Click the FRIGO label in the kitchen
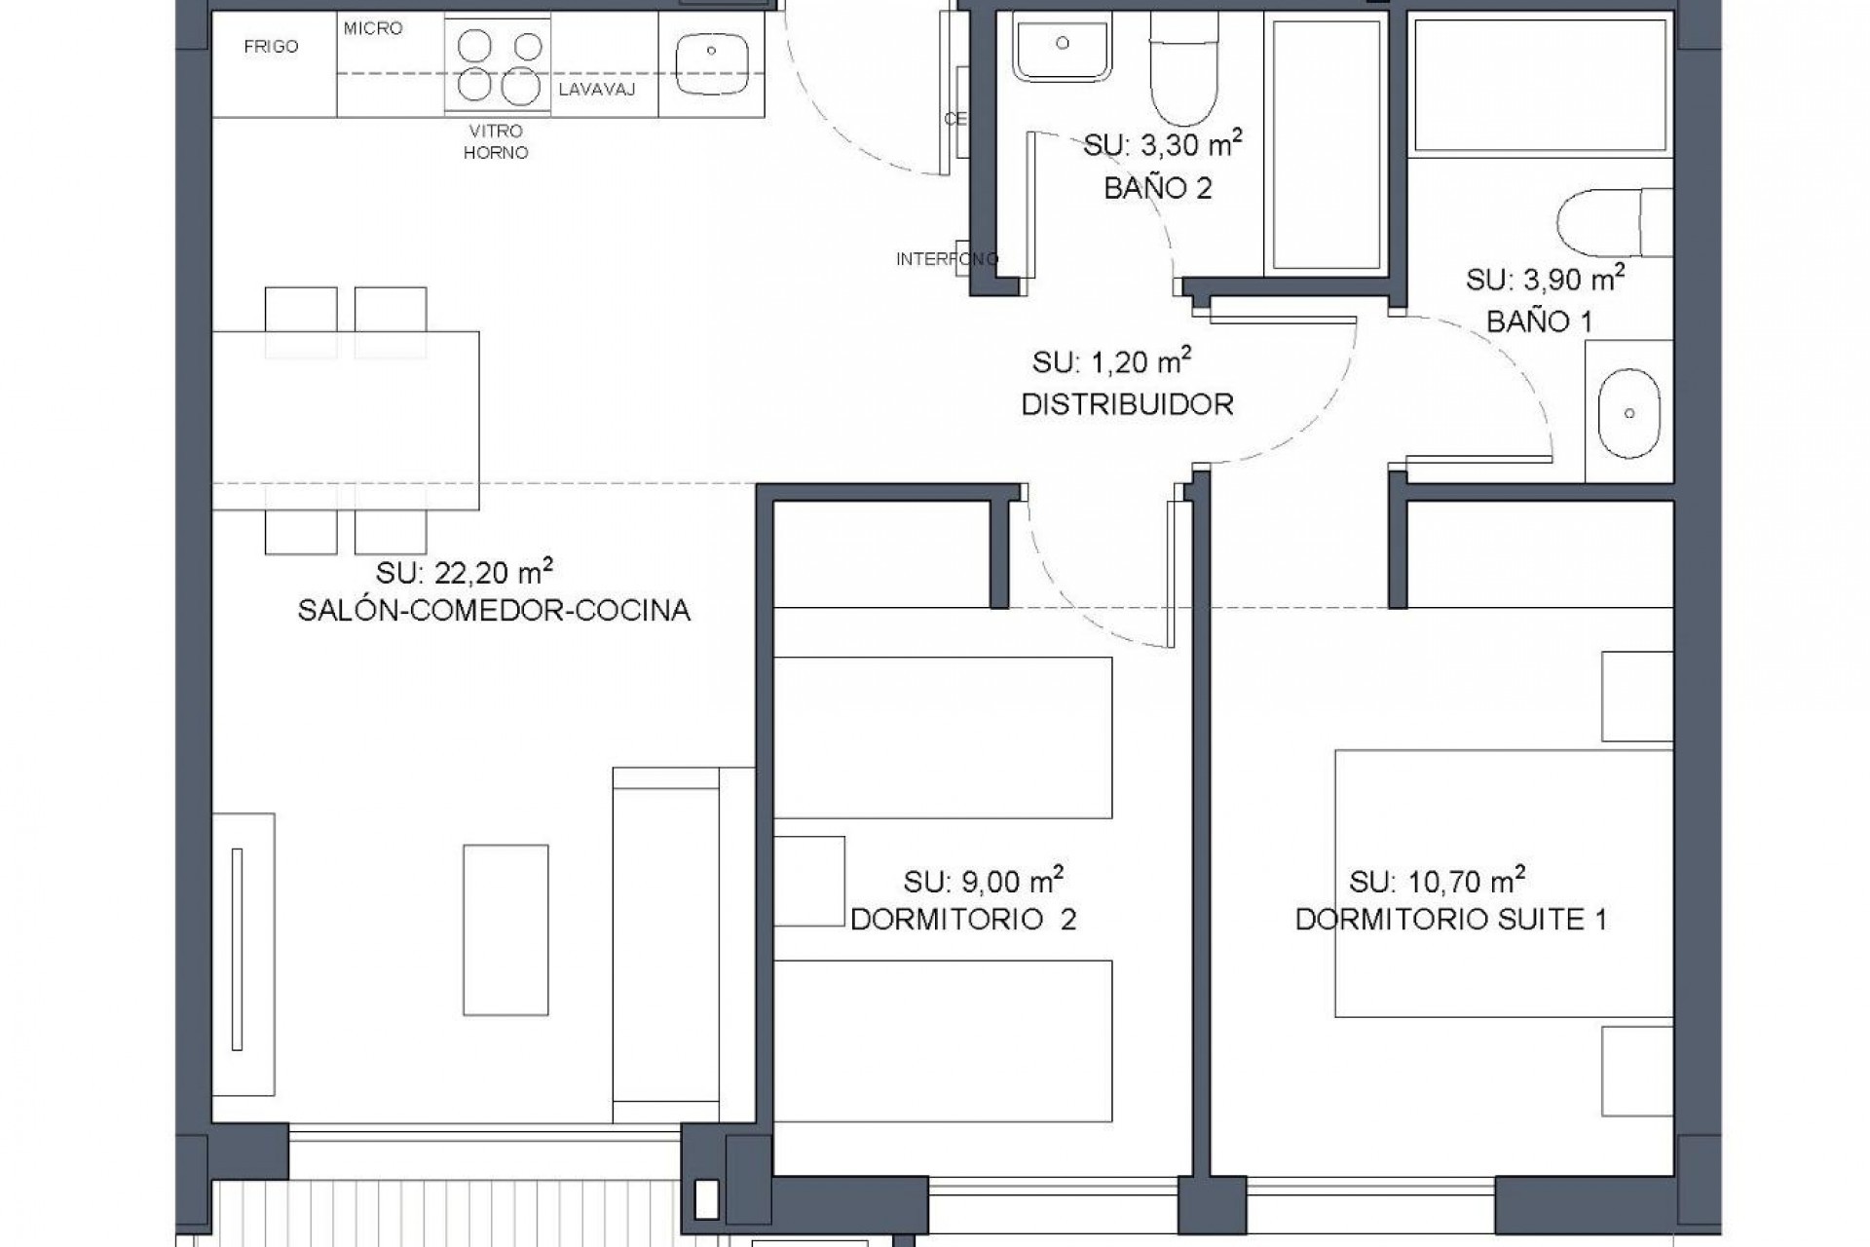coord(271,47)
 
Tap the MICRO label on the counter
coord(373,28)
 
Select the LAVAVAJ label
coord(596,91)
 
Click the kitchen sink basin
coord(711,63)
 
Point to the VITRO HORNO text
coord(496,142)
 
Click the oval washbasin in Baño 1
coord(1628,413)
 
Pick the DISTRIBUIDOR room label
coord(1127,404)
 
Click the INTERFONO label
coord(947,259)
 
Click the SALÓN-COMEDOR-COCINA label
coord(494,611)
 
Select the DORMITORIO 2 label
coord(963,920)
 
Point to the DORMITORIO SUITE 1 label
coord(1450,920)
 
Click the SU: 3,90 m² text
coord(1545,280)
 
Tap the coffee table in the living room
coord(505,929)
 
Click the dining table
coord(346,420)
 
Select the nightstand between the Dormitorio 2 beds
coord(808,880)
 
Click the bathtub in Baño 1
coord(1542,86)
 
